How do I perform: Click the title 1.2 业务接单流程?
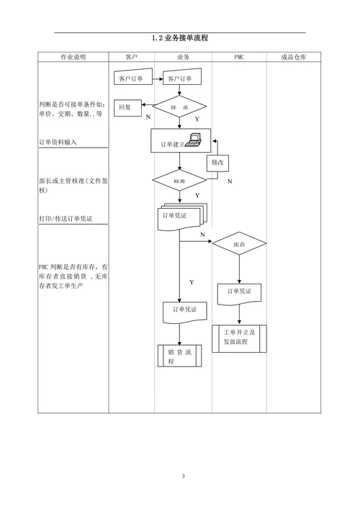180,38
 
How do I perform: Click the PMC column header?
238,57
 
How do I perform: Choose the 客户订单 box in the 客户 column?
130,78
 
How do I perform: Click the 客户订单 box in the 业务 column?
179,78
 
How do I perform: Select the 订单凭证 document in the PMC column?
239,293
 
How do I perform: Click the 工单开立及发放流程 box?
239,338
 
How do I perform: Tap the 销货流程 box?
179,356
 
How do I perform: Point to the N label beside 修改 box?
230,181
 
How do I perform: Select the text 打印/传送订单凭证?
66,217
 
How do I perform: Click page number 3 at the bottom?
183,476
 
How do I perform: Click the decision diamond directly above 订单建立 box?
179,107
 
